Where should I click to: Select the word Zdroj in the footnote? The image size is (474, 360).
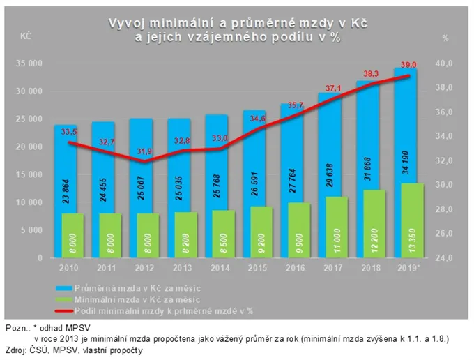tap(17, 350)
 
